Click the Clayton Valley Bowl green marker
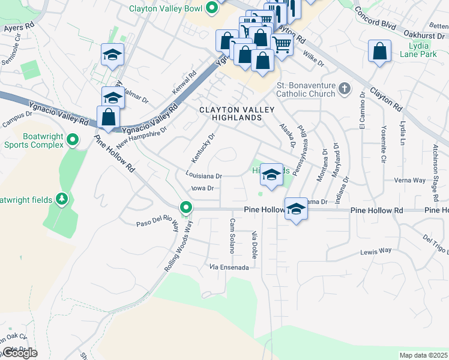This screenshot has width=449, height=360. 211,8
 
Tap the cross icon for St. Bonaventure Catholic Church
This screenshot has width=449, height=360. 344,89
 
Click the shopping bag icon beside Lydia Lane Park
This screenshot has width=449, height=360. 380,52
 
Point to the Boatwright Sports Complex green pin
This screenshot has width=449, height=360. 73,140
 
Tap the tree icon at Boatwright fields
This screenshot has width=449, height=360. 61,198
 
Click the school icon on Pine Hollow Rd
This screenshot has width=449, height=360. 295,209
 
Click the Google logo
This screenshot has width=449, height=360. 19,353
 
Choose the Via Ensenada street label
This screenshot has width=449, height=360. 229,267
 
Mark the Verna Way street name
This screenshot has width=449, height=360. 410,180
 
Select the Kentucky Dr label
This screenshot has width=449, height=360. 203,147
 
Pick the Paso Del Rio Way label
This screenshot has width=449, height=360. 158,226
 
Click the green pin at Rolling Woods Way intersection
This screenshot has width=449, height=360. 187,208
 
